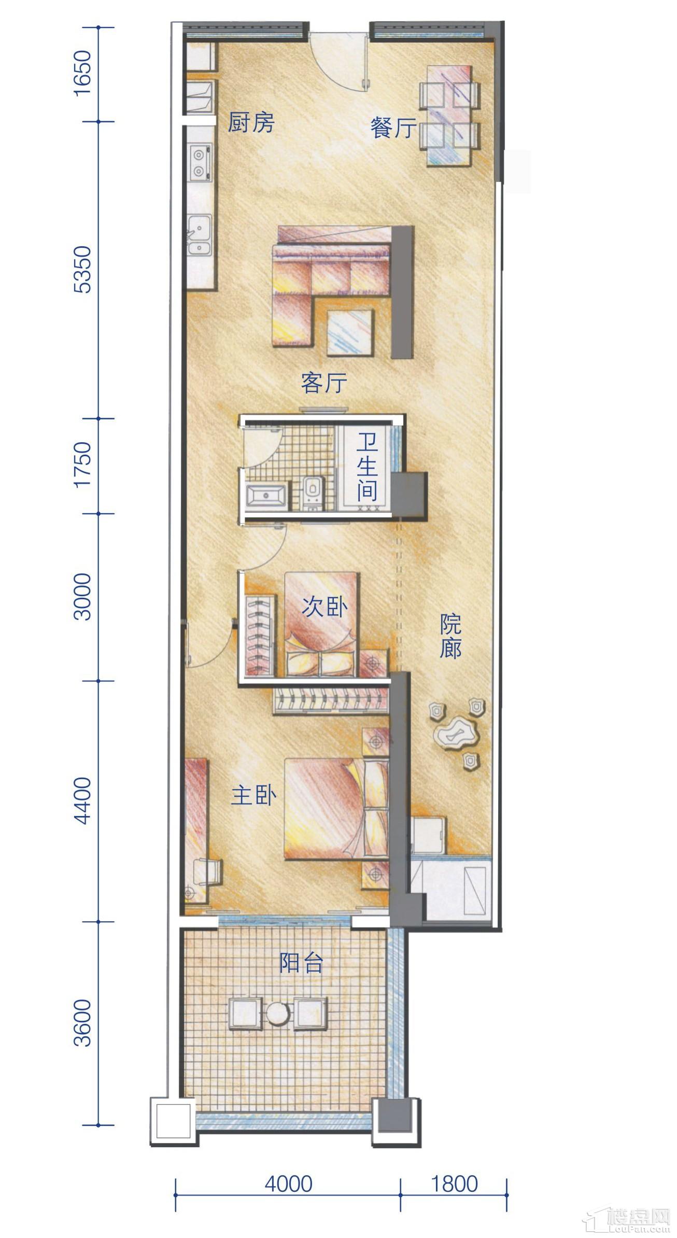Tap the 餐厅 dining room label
point(393,128)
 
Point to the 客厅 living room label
point(324,383)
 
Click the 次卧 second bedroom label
point(325,606)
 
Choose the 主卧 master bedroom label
point(253,796)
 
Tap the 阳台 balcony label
point(301,963)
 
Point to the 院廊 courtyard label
point(450,636)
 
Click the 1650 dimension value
point(83,73)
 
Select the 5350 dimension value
point(83,270)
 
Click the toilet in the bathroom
point(312,490)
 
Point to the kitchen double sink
point(199,235)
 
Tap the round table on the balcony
point(278,1014)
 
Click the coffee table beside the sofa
point(350,332)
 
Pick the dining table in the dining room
point(449,116)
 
